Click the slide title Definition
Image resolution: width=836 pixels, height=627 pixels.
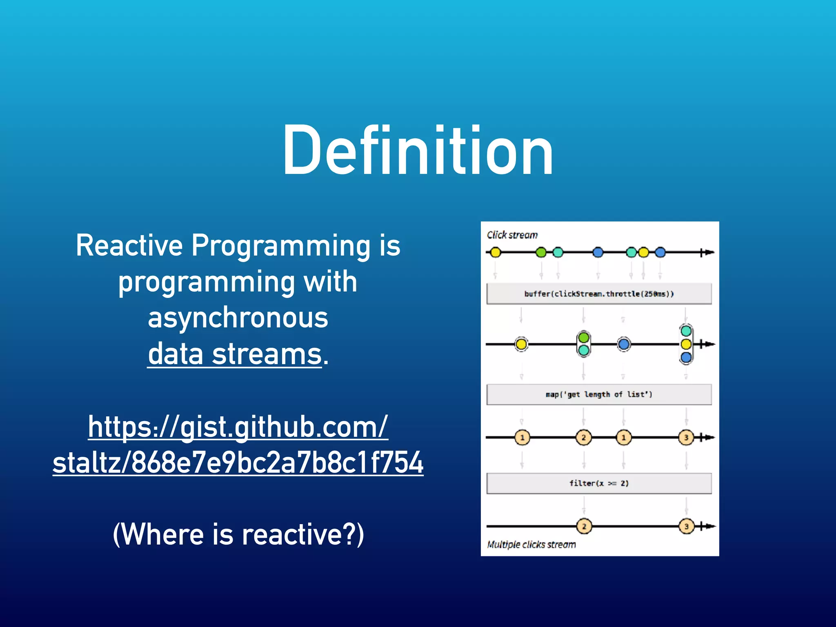(418, 151)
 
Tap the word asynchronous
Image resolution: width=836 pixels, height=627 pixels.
(238, 318)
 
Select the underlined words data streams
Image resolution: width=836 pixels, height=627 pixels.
(235, 354)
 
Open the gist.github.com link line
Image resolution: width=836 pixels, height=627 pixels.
(238, 427)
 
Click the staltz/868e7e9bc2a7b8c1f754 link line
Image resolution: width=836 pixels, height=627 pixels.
(238, 463)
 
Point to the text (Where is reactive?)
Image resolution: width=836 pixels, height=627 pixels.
(238, 534)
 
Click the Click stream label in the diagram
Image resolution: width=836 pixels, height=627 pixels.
(512, 235)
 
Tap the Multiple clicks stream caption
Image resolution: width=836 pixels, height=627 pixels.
(531, 545)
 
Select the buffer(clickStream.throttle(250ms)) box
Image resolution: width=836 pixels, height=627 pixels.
(599, 294)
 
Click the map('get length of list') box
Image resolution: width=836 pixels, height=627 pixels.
(599, 394)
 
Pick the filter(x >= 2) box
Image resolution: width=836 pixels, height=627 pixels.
(599, 483)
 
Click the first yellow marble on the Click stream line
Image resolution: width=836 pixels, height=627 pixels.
(495, 253)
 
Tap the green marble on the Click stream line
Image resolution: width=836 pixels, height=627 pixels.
(541, 253)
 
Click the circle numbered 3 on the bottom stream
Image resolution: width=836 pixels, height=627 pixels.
(686, 527)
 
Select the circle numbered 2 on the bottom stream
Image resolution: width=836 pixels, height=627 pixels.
(584, 527)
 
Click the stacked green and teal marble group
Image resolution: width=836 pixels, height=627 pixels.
(584, 344)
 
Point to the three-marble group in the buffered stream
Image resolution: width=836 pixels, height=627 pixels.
(686, 344)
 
